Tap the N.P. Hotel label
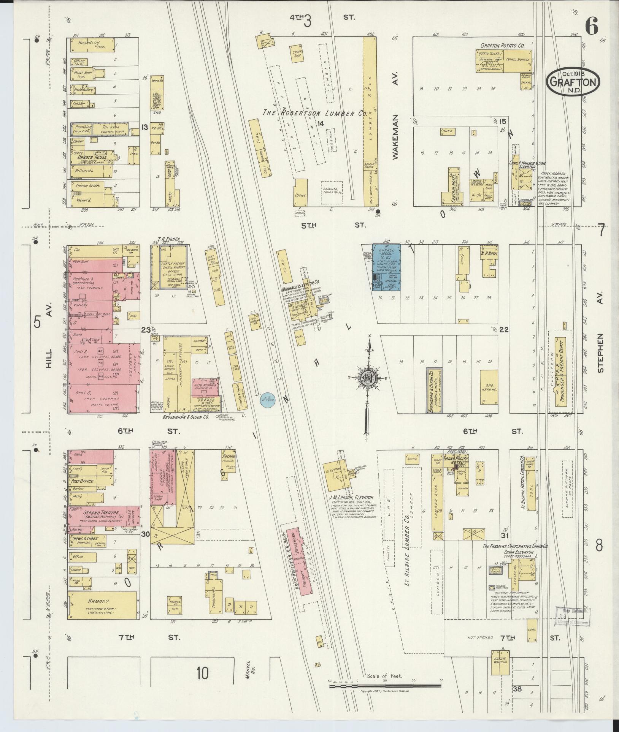(x=489, y=253)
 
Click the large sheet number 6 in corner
(x=591, y=26)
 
